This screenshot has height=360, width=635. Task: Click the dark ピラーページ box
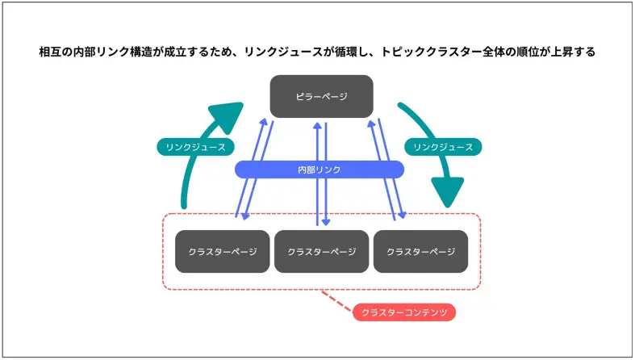pos(321,96)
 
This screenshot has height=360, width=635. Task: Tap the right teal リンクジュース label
pos(442,147)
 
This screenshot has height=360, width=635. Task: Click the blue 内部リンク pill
pos(319,170)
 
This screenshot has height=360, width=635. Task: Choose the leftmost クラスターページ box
pos(222,251)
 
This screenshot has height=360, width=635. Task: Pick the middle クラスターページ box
pos(321,251)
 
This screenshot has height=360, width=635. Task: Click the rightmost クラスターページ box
pos(420,251)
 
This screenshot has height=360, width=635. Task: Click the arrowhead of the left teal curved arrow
pos(227,114)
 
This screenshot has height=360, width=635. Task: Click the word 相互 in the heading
pos(50,52)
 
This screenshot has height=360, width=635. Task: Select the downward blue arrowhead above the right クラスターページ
pos(400,216)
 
